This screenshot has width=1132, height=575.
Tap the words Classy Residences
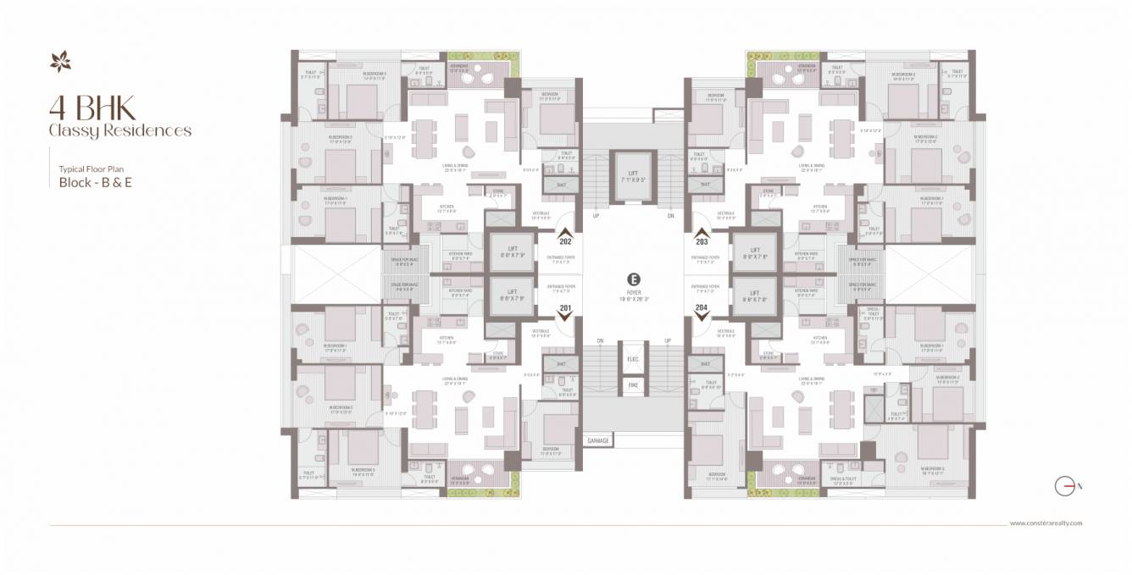[x=119, y=130]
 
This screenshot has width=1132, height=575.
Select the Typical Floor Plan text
[x=91, y=169]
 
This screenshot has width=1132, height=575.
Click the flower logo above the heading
[x=61, y=62]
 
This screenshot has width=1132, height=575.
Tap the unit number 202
[x=566, y=241]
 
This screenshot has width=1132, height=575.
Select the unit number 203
[x=702, y=241]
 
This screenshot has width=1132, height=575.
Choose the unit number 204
[x=702, y=307]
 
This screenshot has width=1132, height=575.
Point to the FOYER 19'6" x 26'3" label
[x=633, y=295]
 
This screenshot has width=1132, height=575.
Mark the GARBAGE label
[x=599, y=440]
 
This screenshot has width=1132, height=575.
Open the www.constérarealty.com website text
[x=1046, y=523]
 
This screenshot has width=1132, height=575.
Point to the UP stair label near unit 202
[x=596, y=216]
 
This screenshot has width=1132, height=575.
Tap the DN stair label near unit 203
[x=670, y=216]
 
